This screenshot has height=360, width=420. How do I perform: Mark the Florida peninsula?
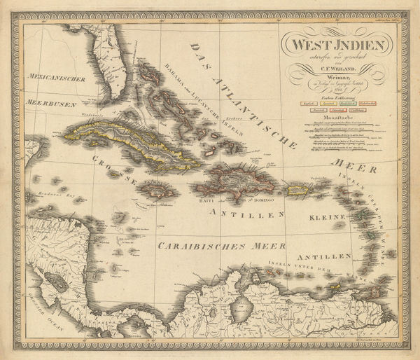[101, 70]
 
